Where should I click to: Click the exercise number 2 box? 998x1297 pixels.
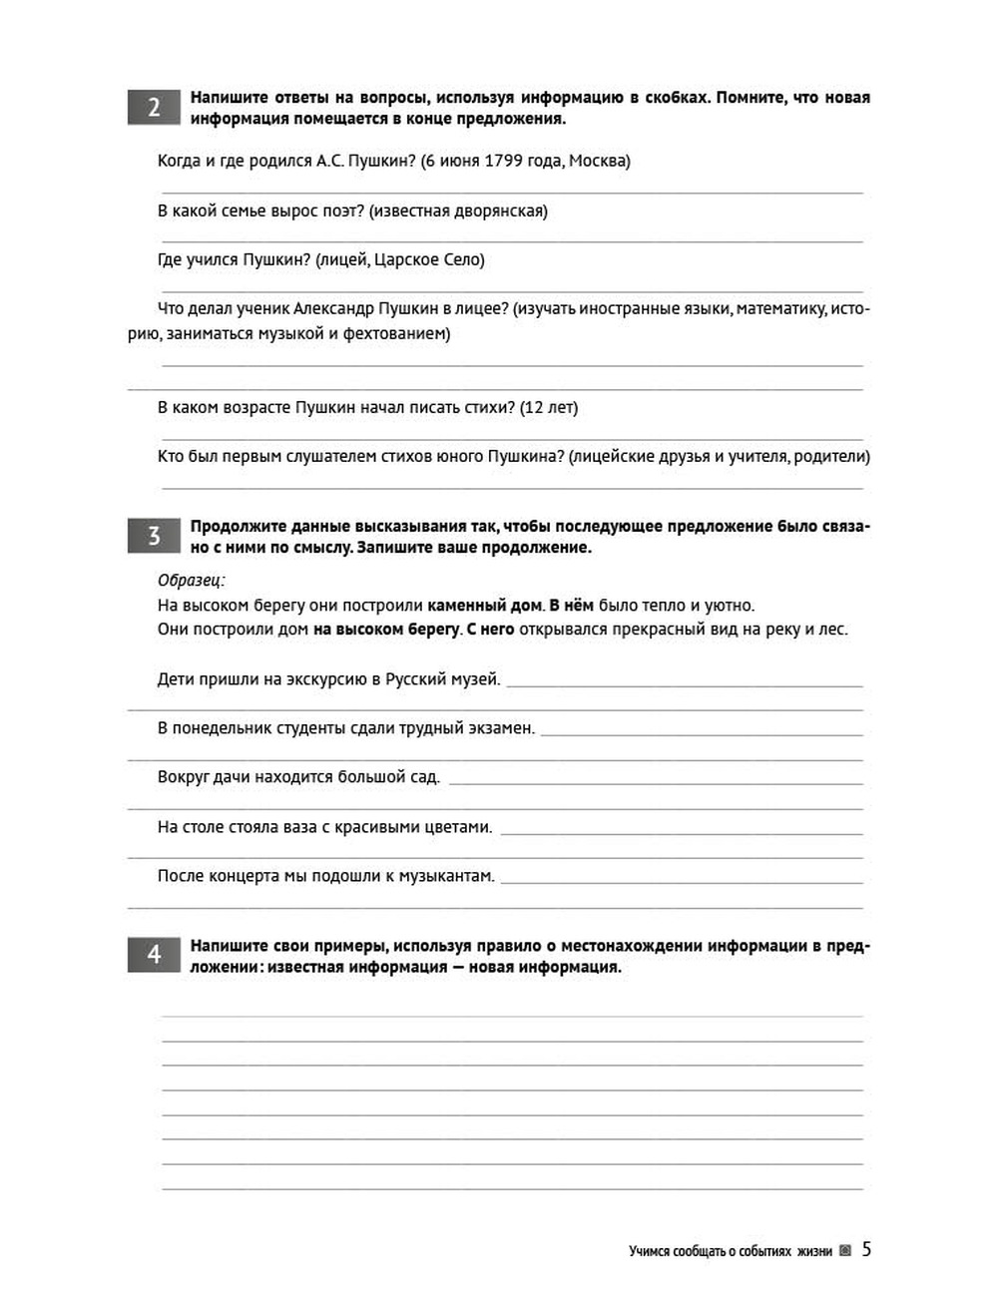coord(153,108)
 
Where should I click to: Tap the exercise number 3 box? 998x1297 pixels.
coord(153,537)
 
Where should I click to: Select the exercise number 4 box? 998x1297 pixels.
coord(153,956)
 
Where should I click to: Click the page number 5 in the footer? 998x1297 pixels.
coord(866,1249)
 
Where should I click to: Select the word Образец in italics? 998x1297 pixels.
coord(191,581)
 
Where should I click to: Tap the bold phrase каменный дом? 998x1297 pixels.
coord(484,606)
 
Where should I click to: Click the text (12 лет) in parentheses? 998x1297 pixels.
coord(549,407)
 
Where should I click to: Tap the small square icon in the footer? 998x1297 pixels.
coord(845,1251)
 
